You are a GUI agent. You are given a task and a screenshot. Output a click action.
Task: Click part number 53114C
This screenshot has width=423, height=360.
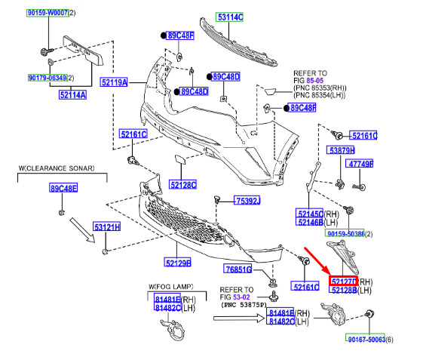pos(229,17)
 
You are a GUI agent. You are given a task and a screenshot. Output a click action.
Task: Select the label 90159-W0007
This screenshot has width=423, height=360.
pos(48,13)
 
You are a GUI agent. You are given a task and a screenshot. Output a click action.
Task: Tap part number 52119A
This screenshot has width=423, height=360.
pos(114,82)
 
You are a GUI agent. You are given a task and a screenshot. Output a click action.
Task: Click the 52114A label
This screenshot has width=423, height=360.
pos(72,95)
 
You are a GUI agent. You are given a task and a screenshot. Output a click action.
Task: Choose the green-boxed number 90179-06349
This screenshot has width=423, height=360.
pos(48,78)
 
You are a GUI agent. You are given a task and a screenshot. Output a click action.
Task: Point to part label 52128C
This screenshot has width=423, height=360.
pos(182,185)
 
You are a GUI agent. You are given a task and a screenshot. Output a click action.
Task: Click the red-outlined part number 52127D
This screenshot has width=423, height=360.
pos(343,282)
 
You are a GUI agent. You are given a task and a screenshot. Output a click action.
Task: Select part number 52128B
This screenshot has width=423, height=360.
pos(343,290)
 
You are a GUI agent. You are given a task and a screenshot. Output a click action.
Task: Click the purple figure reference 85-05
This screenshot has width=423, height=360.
pos(315,81)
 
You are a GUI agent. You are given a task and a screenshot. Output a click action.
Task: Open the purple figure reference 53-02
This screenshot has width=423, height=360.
pos(241,297)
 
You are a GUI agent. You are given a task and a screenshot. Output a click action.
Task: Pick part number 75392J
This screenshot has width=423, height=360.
pos(247,201)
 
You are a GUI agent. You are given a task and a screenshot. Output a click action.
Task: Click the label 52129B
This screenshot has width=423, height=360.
pos(177,263)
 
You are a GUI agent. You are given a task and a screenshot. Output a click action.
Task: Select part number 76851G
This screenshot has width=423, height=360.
pos(238,269)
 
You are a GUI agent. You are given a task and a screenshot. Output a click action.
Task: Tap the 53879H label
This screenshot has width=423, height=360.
pos(341,150)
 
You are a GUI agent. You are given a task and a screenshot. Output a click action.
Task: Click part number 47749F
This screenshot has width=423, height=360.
pos(360,164)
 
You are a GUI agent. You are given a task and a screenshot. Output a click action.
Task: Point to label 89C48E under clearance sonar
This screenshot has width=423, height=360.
pos(63,188)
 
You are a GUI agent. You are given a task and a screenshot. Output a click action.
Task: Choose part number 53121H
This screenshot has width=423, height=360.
pos(107,226)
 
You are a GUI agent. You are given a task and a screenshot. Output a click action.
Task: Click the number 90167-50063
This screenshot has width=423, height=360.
pos(365,339)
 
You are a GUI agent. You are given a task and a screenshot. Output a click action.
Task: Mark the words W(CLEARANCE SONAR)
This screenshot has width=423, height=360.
pos(57,168)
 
